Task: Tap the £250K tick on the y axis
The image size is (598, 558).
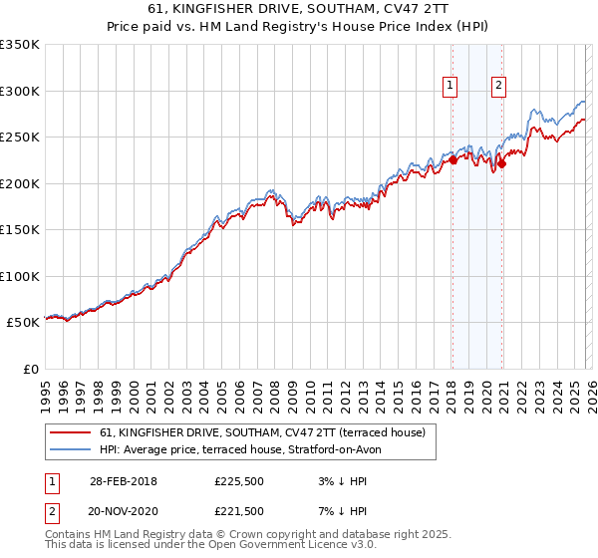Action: [20, 138]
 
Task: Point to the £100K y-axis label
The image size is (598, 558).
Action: [20, 276]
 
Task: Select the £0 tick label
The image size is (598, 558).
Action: [30, 369]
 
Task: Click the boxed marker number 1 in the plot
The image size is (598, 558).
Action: [451, 86]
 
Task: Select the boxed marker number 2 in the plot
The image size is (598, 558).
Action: [498, 86]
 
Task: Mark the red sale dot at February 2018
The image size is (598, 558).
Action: [452, 159]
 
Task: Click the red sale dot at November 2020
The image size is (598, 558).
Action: [501, 164]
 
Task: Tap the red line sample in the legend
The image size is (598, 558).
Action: [70, 432]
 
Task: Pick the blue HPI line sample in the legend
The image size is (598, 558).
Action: [70, 449]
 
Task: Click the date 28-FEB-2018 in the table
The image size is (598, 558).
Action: [124, 481]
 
